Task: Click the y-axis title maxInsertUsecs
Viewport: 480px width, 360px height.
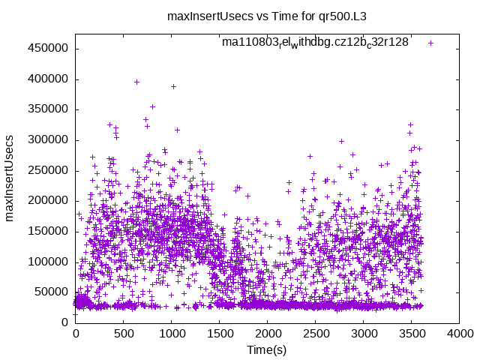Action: pos(10,178)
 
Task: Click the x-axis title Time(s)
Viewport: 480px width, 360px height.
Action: pos(267,350)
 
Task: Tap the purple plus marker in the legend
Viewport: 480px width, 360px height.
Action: pos(430,43)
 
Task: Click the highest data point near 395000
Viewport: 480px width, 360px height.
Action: pos(136,82)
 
